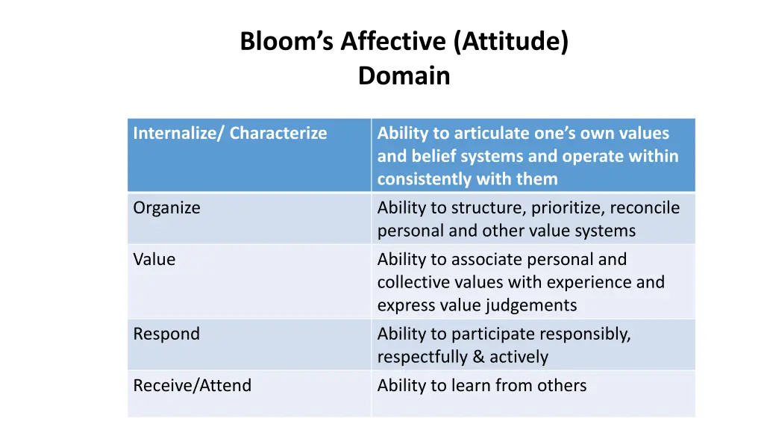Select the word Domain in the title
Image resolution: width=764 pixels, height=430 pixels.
pyautogui.click(x=404, y=76)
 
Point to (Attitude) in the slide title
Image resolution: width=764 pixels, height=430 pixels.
pyautogui.click(x=511, y=42)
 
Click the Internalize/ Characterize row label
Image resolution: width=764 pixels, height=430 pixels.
pyautogui.click(x=230, y=134)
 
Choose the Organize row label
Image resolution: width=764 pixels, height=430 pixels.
pyautogui.click(x=166, y=208)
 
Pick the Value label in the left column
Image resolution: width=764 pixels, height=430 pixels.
pyautogui.click(x=154, y=260)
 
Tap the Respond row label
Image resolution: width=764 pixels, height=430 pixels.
pyautogui.click(x=166, y=334)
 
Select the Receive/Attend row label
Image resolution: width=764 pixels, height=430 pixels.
pyautogui.click(x=192, y=386)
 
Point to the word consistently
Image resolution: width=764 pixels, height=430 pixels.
pyautogui.click(x=428, y=179)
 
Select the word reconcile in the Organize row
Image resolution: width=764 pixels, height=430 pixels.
pyautogui.click(x=645, y=208)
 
